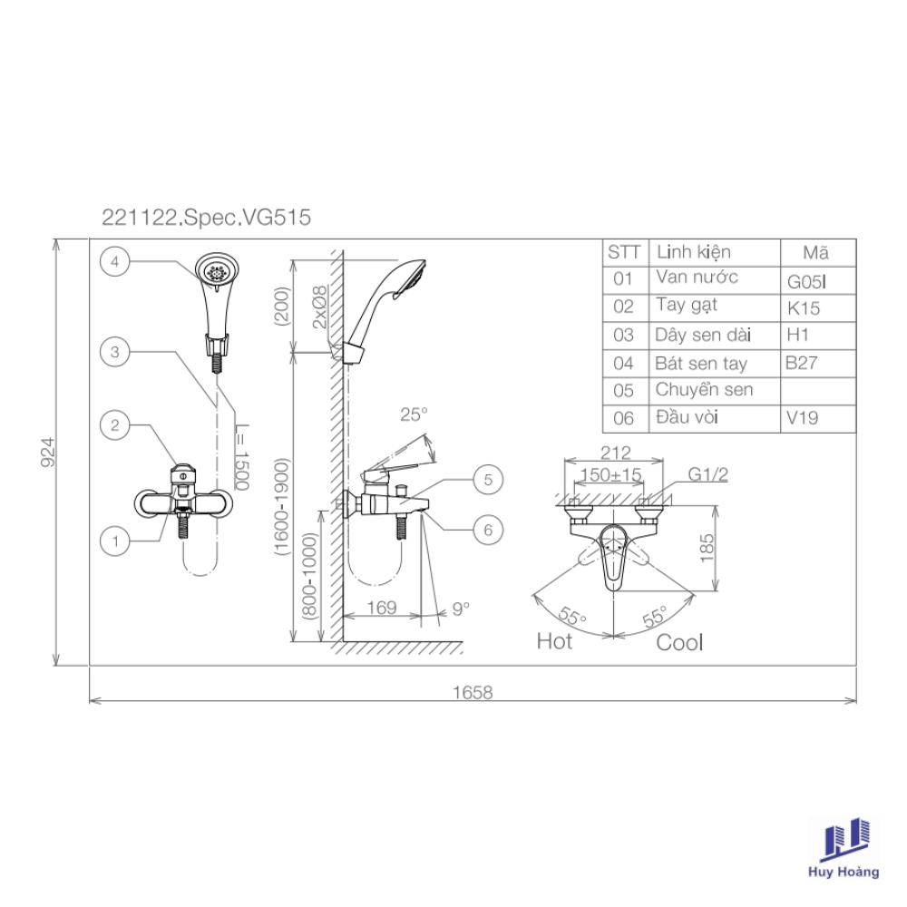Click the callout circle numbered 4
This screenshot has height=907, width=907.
114,261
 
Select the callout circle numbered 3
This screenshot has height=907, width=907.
114,351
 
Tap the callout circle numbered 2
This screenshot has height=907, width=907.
114,425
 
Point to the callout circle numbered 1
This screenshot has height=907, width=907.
114,541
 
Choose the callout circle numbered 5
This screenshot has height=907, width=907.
488,480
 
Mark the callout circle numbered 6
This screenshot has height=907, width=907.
488,530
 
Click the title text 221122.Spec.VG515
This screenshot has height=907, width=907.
207,218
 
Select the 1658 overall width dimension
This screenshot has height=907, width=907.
473,692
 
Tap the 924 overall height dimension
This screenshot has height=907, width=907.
49,452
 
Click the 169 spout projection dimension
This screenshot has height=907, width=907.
382,608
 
